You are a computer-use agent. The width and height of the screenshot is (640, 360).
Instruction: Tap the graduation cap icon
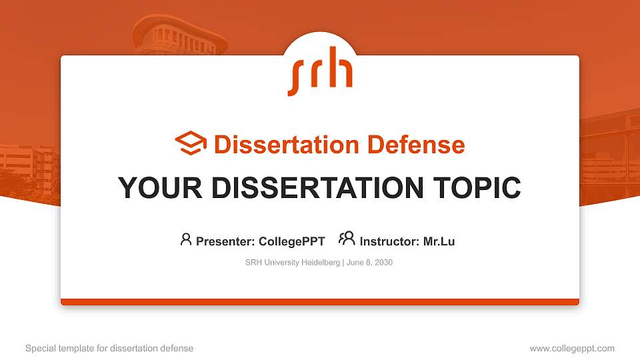[x=191, y=143]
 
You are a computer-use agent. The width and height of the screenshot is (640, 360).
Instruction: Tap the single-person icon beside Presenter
[x=186, y=239]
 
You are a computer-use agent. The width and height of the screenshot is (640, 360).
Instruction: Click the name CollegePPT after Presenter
[x=292, y=241]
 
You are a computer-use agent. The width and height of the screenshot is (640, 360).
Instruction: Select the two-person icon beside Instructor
[x=347, y=238]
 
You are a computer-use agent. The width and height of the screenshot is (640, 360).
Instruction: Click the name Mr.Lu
[x=439, y=241]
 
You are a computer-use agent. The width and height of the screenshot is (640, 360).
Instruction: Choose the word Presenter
[x=224, y=241]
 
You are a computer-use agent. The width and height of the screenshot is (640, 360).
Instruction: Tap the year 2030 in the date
[x=383, y=263]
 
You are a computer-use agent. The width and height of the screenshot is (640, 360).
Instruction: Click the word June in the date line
[x=356, y=263]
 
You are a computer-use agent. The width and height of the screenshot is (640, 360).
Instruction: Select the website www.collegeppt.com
[x=572, y=349]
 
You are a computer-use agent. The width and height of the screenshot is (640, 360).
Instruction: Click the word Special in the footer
[x=39, y=349]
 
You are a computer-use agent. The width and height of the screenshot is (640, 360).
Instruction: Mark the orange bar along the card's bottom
[x=320, y=302]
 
